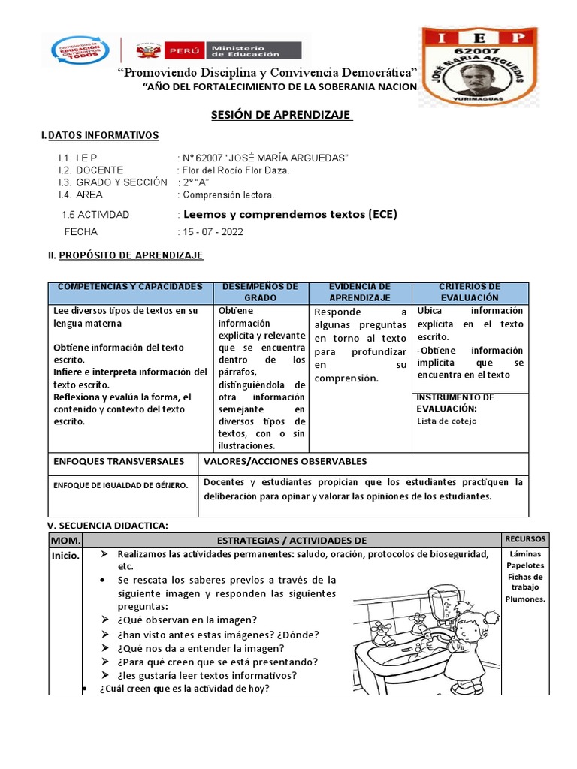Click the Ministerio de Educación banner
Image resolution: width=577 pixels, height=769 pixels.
pyautogui.click(x=218, y=50)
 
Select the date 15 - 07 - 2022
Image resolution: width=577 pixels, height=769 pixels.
pyautogui.click(x=210, y=231)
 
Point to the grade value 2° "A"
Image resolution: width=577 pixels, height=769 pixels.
pyautogui.click(x=195, y=182)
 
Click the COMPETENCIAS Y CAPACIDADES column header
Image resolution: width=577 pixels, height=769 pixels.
pyautogui.click(x=131, y=288)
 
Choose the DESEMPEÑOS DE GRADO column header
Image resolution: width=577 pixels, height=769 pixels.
pyautogui.click(x=260, y=293)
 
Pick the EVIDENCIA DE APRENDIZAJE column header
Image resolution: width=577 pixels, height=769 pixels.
pyautogui.click(x=360, y=293)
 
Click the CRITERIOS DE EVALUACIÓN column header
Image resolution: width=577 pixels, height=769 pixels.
pyautogui.click(x=469, y=293)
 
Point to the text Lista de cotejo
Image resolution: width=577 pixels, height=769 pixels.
pyautogui.click(x=446, y=421)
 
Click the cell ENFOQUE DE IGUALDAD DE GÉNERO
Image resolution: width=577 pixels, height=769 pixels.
pyautogui.click(x=121, y=486)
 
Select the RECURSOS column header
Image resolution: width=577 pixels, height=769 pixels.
pyautogui.click(x=526, y=540)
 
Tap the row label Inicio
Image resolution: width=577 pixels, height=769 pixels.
pyautogui.click(x=65, y=555)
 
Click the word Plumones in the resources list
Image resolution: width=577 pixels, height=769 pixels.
pyautogui.click(x=525, y=599)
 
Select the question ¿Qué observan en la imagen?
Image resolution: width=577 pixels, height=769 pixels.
pyautogui.click(x=187, y=620)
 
